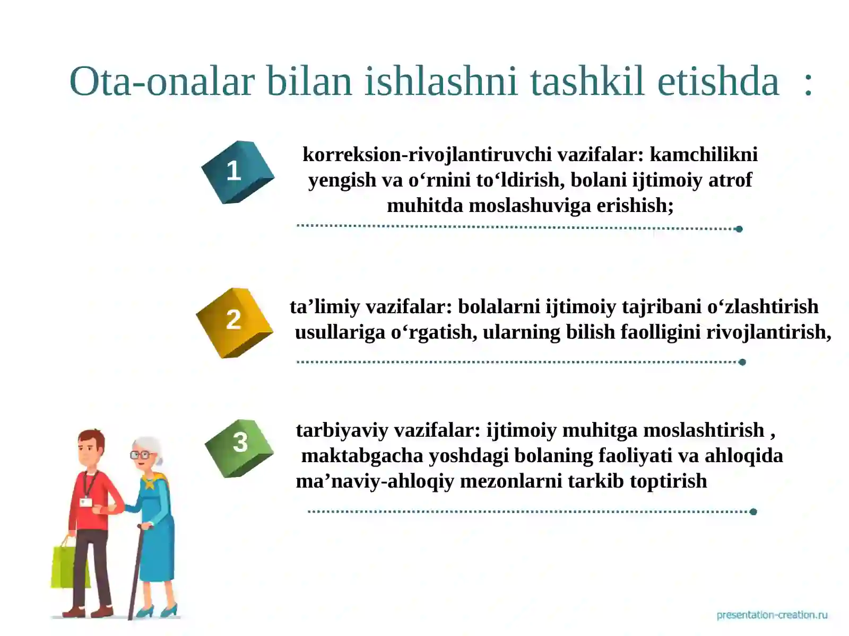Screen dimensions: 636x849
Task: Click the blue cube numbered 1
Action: (x=237, y=172)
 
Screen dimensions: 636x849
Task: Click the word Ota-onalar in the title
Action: (x=162, y=82)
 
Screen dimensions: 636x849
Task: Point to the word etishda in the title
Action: (x=718, y=82)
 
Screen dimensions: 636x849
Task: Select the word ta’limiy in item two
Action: (x=324, y=306)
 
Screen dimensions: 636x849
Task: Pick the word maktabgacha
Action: (x=362, y=455)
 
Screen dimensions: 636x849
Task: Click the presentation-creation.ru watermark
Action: (x=772, y=615)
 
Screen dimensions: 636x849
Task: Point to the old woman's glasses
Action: (x=140, y=455)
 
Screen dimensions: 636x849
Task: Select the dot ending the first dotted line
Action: (x=739, y=229)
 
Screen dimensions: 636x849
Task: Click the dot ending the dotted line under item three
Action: (x=753, y=511)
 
